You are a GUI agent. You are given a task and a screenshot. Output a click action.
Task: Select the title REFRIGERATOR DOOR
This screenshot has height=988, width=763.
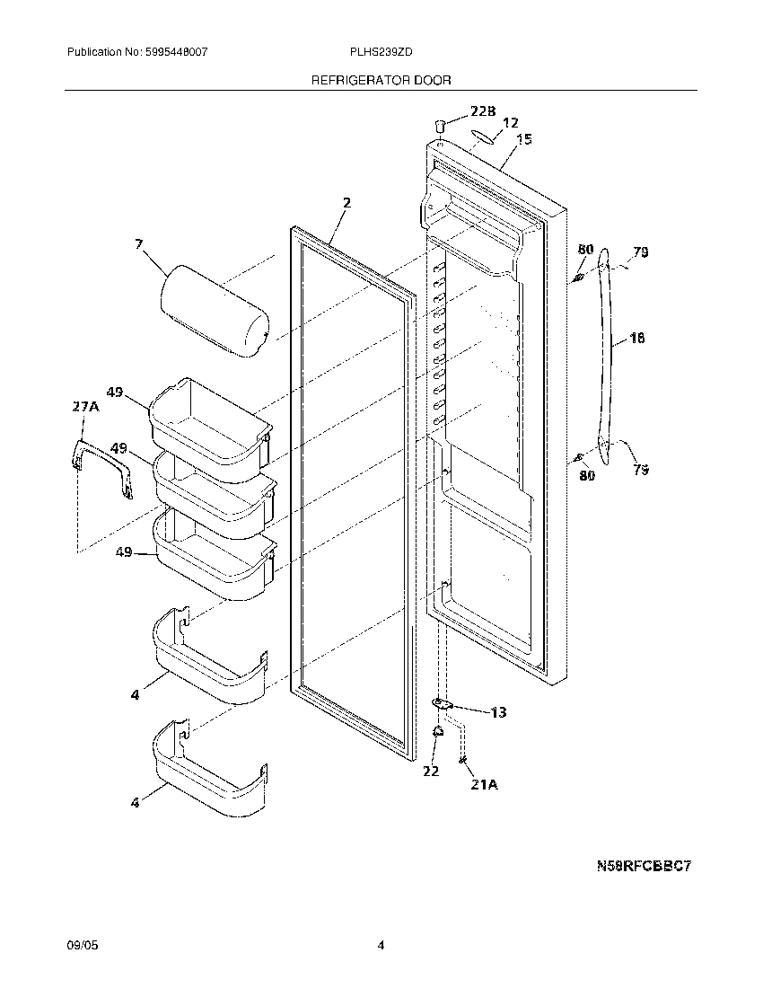coord(381,80)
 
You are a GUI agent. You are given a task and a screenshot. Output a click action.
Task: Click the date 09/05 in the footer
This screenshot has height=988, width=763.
coord(79,946)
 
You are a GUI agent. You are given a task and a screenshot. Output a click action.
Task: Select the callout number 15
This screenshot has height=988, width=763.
coord(524,138)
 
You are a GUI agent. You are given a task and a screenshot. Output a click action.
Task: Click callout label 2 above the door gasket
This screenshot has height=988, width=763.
coord(346,203)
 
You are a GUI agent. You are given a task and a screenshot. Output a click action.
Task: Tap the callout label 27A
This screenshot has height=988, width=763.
coord(84,407)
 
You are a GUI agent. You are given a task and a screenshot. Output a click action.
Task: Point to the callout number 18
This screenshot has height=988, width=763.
coord(637,339)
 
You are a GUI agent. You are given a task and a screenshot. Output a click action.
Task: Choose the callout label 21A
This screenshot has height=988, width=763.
coord(484,784)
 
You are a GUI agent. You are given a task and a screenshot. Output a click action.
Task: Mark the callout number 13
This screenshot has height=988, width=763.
coord(498,712)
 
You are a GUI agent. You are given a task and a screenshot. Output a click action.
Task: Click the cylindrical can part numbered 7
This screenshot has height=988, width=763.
coord(215,311)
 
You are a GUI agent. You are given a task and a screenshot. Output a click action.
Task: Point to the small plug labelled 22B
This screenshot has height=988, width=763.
coord(442,124)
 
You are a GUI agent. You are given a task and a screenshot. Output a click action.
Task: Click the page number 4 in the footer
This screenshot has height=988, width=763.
coord(381,946)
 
